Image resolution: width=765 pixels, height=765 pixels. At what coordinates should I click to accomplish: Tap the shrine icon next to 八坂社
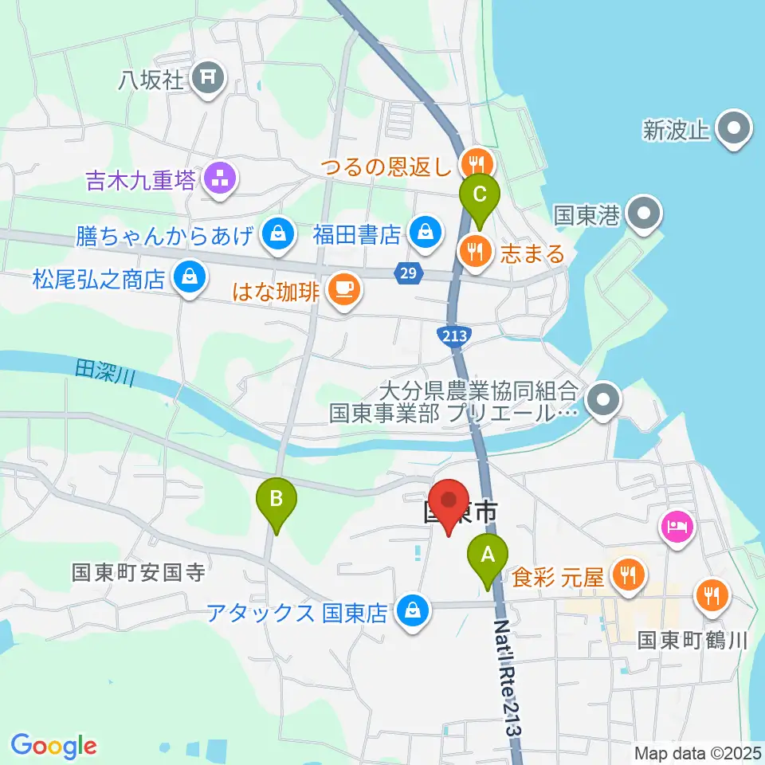pyautogui.click(x=210, y=77)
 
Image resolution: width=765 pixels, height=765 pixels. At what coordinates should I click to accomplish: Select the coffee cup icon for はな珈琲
pyautogui.click(x=343, y=288)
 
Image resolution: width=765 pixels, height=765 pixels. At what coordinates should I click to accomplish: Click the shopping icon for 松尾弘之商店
pyautogui.click(x=190, y=278)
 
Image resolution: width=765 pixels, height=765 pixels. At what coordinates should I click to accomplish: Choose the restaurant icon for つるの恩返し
pyautogui.click(x=478, y=165)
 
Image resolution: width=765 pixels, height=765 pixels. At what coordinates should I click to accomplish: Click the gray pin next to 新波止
pyautogui.click(x=732, y=129)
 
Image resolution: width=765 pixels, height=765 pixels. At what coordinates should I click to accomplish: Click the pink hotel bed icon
pyautogui.click(x=677, y=526)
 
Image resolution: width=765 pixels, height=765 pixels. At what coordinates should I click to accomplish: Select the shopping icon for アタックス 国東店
pyautogui.click(x=412, y=612)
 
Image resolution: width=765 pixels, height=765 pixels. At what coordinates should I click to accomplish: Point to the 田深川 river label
pyautogui.click(x=104, y=371)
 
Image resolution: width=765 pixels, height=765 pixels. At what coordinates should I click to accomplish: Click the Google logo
pyautogui.click(x=53, y=746)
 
